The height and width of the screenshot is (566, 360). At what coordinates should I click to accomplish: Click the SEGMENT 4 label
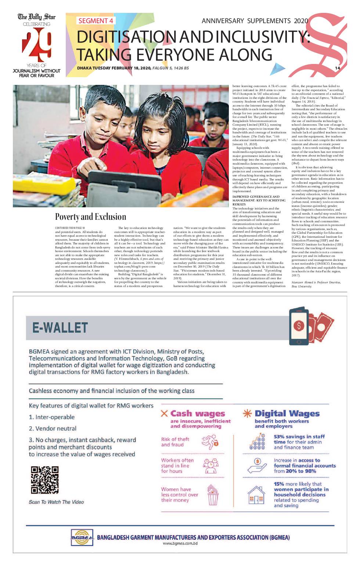(96, 21)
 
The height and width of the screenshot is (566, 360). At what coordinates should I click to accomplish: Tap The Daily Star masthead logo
(37, 17)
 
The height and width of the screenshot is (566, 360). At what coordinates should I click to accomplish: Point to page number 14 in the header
(337, 68)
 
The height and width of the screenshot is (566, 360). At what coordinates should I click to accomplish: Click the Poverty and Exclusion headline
(90, 217)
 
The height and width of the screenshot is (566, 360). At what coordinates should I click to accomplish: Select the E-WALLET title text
(60, 327)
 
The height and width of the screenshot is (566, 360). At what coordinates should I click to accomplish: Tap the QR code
(44, 480)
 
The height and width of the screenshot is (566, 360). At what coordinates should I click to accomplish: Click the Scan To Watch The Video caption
(56, 502)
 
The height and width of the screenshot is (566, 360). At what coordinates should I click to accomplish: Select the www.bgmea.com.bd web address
(180, 544)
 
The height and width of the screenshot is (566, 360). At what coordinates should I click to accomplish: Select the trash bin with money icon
(213, 495)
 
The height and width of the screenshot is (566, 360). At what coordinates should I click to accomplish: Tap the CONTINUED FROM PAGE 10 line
(70, 228)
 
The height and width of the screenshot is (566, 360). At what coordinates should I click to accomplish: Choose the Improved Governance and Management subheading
(259, 200)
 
